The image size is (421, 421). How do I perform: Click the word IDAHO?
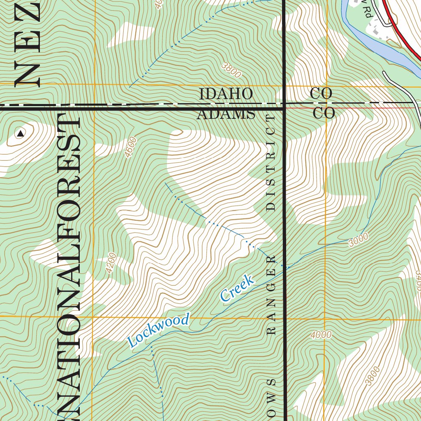(x=226, y=94)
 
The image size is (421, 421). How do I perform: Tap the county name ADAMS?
(x=226, y=113)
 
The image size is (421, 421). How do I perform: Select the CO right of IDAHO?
(x=321, y=93)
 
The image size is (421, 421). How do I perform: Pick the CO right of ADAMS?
(x=324, y=113)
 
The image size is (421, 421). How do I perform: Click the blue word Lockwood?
(x=159, y=330)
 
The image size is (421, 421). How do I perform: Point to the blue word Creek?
(x=236, y=289)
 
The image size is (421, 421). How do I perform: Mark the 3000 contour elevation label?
(x=358, y=240)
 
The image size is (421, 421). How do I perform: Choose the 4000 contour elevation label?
(x=321, y=335)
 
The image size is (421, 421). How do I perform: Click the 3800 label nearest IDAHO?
(x=231, y=70)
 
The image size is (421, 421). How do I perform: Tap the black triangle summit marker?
(x=20, y=133)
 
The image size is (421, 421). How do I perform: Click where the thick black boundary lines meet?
(x=284, y=109)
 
